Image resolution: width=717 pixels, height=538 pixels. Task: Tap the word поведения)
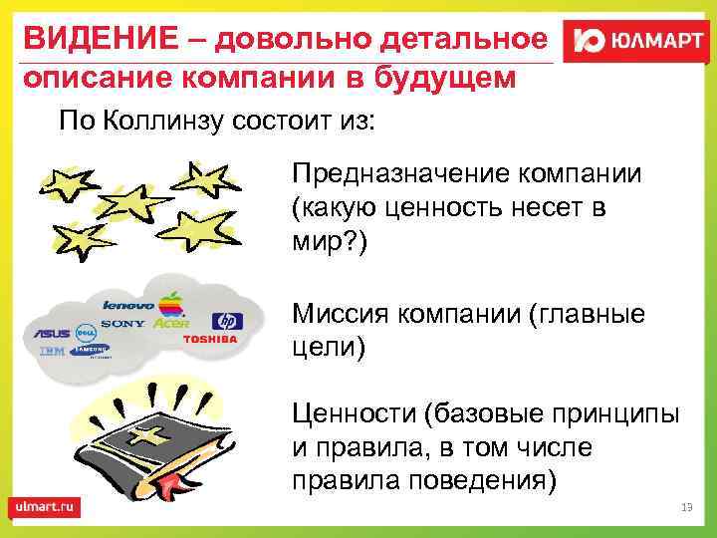(x=487, y=480)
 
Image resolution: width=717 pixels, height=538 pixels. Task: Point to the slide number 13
(x=685, y=508)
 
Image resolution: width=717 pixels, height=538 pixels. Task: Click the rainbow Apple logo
(x=175, y=301)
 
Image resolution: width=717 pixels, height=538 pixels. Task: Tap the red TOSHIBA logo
(x=210, y=340)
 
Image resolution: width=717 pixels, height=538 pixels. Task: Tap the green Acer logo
(x=171, y=323)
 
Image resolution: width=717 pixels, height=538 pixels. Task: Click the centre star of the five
(x=135, y=204)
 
